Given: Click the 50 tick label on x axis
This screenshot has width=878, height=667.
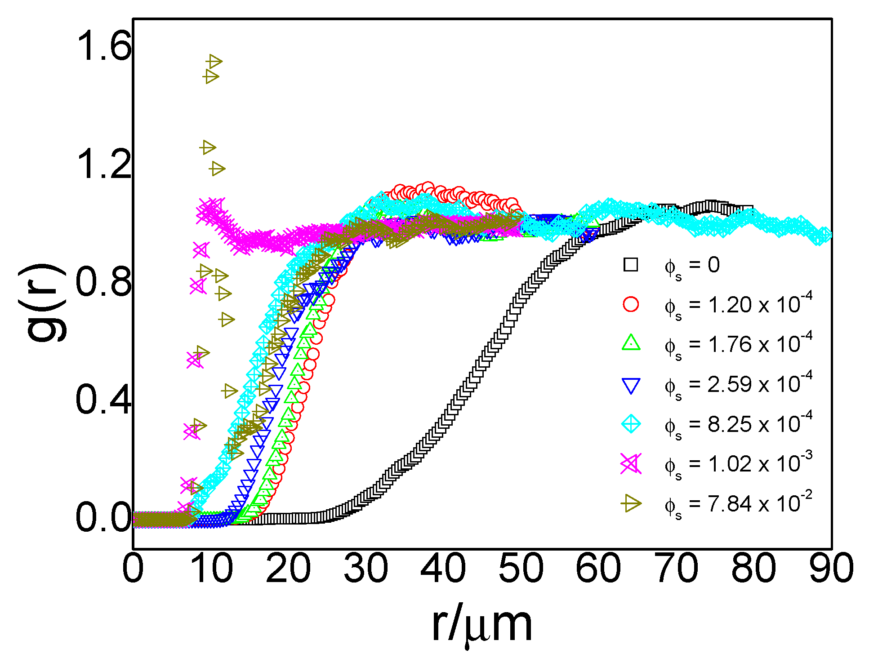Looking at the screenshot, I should [521, 568].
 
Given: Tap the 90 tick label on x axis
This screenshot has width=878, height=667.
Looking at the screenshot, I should [831, 568].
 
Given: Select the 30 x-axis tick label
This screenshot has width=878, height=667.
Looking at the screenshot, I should [365, 568].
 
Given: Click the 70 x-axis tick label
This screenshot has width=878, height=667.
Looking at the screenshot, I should [676, 568].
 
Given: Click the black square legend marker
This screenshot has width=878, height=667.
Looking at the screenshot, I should [631, 265].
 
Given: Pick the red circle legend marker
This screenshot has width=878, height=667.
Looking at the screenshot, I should [631, 304].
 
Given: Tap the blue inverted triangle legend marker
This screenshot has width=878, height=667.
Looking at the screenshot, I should [631, 385].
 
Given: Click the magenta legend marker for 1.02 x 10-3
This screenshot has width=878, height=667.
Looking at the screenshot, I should [631, 464].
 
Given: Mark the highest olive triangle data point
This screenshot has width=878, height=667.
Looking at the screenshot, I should [214, 62].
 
